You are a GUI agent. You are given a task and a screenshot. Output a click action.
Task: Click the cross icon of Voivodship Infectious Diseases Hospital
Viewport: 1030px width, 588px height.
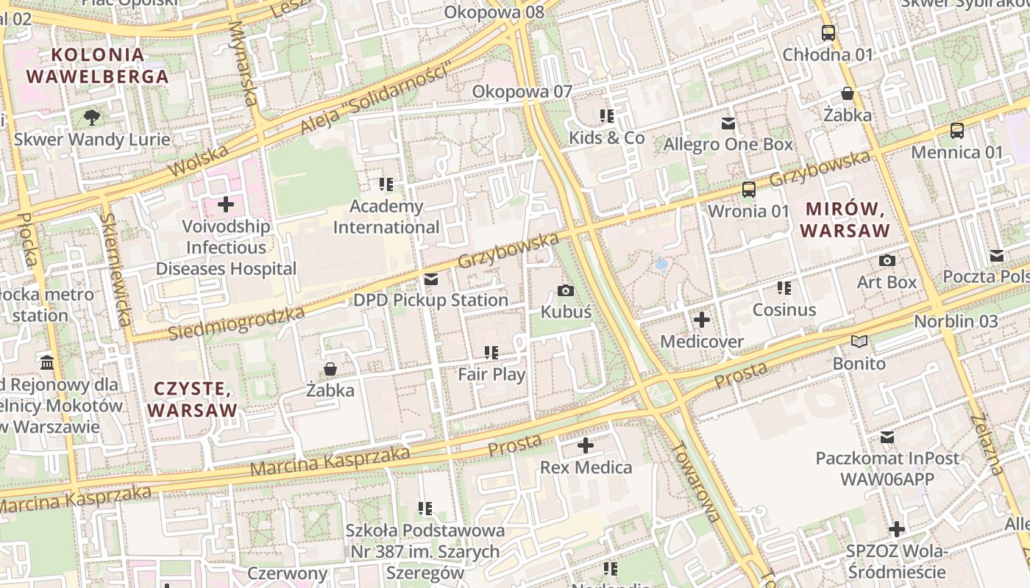coord(225,204)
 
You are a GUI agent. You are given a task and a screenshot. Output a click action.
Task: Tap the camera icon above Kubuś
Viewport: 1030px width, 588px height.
coord(566,290)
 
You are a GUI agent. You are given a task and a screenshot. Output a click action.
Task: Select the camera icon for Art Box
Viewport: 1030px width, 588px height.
coord(887,260)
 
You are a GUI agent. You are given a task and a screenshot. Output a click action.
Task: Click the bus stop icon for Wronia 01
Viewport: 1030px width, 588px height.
coord(748,190)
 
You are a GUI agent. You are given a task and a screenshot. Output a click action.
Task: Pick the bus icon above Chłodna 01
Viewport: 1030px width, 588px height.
coord(828,32)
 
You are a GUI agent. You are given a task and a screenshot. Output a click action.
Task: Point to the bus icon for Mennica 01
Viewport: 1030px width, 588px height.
coord(956,131)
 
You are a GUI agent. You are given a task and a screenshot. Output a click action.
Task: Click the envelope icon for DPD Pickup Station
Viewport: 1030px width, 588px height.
coord(430,279)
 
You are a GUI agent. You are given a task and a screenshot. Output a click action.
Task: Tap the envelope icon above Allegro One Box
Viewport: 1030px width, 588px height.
coord(728,123)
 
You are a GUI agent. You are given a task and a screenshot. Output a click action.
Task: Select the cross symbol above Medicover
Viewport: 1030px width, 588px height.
coord(702,320)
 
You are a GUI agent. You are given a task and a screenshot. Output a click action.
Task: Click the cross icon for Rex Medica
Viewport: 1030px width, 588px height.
coord(586,445)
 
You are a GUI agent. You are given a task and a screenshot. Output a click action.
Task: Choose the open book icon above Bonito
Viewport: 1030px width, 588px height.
coord(859,341)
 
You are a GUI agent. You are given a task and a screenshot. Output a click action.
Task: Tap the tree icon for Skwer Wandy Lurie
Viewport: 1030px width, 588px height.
coord(92,117)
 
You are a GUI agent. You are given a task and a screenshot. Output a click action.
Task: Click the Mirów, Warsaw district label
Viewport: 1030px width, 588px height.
coord(845,219)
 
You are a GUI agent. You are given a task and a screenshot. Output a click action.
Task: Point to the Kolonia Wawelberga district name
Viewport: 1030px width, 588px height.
coord(97,65)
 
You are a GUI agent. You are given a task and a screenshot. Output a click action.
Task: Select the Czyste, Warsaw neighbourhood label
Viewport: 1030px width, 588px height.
coord(194,399)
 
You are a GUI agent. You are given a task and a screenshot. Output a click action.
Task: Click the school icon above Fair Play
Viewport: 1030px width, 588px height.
coord(491,353)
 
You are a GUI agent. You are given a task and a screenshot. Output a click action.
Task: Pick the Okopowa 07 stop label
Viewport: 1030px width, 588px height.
coord(522,92)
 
